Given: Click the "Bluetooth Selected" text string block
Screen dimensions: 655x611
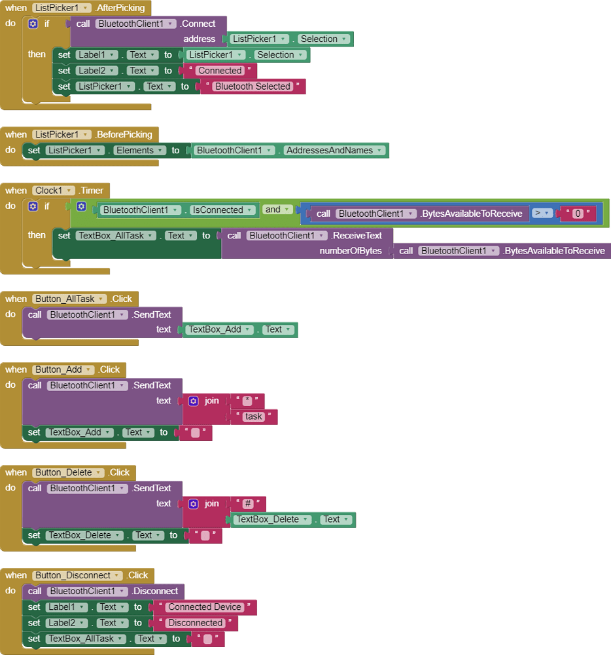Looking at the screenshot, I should (x=253, y=86).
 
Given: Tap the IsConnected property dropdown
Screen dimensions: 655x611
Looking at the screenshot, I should (x=221, y=210).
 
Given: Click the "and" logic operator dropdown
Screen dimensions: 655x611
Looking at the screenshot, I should (x=277, y=210).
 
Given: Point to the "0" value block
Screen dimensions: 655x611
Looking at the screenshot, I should (x=578, y=214).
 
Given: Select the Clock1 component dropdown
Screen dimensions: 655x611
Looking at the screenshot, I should (x=55, y=191).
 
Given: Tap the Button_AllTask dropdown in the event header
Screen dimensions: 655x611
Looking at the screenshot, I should (x=70, y=299).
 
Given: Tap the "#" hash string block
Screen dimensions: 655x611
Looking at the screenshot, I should (x=248, y=504).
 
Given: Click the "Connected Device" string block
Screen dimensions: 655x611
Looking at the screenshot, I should (x=205, y=607).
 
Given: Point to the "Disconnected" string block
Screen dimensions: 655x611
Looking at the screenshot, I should (x=195, y=623).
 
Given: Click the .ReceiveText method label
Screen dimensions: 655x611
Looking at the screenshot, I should (x=357, y=235).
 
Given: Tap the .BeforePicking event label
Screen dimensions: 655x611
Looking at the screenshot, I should (x=123, y=134).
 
